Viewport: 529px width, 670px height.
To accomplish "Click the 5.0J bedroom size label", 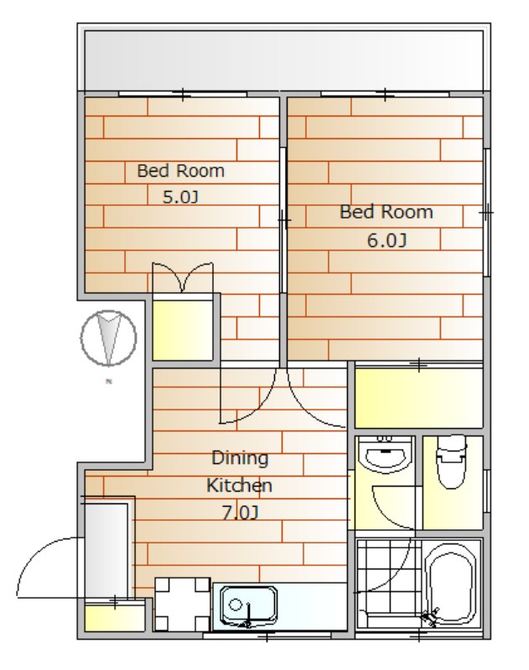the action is click(x=180, y=197).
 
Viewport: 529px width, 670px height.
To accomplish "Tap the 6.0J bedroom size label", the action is click(x=386, y=240).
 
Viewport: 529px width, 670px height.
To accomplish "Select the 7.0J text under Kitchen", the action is click(x=240, y=513).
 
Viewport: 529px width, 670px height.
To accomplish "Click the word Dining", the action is click(x=240, y=458).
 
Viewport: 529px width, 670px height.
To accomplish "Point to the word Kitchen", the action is click(x=240, y=486).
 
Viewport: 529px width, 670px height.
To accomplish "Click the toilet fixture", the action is click(x=451, y=462).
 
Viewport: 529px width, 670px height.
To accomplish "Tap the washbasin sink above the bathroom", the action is click(x=386, y=455).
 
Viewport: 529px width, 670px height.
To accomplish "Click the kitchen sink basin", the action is click(x=248, y=606).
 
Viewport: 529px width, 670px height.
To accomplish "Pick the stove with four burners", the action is click(x=182, y=604).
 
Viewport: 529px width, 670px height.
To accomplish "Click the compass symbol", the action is click(x=109, y=338).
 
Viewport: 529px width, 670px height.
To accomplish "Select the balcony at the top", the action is click(x=283, y=60).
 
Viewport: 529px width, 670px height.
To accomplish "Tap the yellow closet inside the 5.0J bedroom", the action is click(x=183, y=329).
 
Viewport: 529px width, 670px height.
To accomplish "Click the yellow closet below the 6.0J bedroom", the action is click(x=418, y=398).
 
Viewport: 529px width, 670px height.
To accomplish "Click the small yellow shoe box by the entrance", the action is click(x=114, y=616).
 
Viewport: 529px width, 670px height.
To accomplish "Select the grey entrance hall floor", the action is click(x=106, y=551).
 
